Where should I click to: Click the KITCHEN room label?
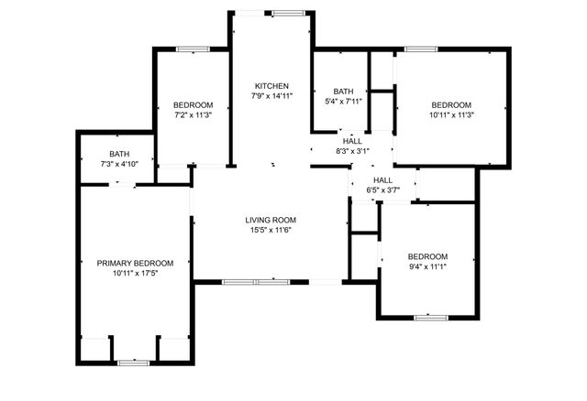coord(272,85)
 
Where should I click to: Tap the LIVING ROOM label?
coord(271,220)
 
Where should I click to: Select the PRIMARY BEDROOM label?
coord(135,264)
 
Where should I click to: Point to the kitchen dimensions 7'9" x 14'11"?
coord(272,95)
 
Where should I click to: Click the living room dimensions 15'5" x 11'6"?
coord(271,230)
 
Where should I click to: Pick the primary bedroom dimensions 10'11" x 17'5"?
coord(135,274)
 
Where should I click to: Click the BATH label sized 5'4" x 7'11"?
coord(343,91)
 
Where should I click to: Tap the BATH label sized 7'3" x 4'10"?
coord(119,154)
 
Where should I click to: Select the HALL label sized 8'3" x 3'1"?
coord(352,141)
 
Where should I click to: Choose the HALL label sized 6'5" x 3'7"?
coord(383,180)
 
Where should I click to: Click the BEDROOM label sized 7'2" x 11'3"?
coord(194,104)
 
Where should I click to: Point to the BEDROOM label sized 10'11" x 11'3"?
coord(450,104)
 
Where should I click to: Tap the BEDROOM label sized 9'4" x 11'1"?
coord(427,256)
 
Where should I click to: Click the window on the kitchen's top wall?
coord(287,13)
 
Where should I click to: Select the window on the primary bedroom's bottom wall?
coord(134,363)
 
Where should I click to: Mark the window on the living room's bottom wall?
coord(257,281)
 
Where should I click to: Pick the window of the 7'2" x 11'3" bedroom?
coord(193,49)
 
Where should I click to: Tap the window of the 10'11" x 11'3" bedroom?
coord(420,49)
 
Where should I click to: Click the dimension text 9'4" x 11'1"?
coord(427,266)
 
